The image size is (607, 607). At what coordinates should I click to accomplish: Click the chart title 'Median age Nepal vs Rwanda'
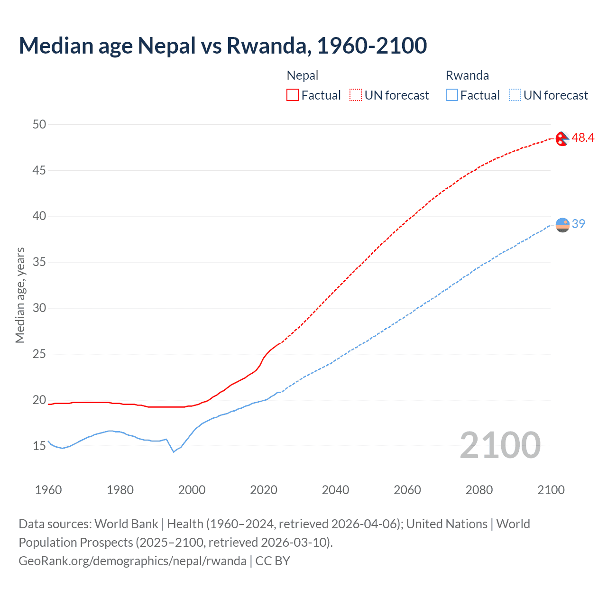[222, 46]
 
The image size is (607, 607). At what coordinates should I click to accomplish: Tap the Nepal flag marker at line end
[562, 139]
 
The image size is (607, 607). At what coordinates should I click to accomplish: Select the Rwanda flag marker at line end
[562, 225]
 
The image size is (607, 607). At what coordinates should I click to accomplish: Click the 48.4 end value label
[583, 138]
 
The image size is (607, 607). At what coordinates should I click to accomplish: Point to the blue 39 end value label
[579, 224]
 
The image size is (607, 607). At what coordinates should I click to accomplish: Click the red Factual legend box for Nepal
[293, 95]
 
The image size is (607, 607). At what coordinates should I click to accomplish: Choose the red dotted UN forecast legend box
[356, 95]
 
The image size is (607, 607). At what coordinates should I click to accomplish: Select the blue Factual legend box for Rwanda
[452, 95]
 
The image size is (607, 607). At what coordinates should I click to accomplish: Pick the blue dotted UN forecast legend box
[515, 95]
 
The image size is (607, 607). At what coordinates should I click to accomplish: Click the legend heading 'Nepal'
[303, 75]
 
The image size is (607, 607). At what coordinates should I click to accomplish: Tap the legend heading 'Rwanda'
[467, 75]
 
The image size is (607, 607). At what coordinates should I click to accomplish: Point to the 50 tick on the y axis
[39, 124]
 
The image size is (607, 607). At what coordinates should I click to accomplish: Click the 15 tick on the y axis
[39, 446]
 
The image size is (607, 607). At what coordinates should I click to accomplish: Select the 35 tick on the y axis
[39, 262]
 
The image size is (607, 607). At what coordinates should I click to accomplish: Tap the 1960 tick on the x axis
[48, 490]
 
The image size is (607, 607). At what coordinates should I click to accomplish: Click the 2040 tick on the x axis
[335, 490]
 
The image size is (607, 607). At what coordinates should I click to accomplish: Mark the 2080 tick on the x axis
[479, 490]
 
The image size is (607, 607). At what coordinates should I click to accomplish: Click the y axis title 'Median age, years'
[20, 295]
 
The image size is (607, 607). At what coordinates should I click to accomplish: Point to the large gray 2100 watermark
[500, 445]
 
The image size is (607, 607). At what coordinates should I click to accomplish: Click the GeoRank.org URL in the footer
[132, 561]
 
